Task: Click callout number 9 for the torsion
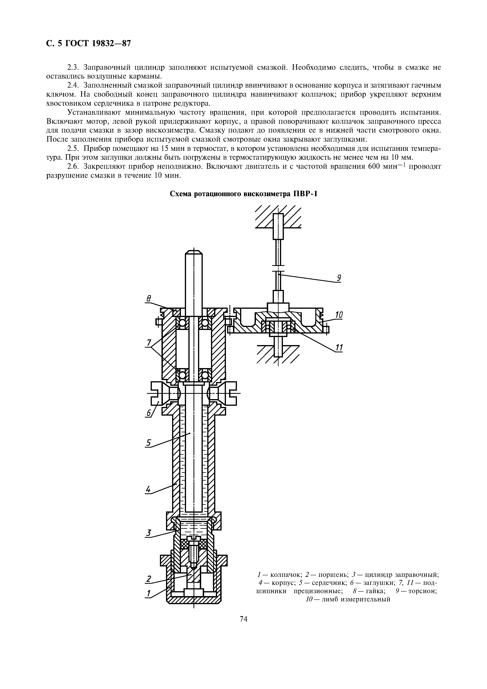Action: pyautogui.click(x=338, y=278)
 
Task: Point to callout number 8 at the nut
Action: pyautogui.click(x=148, y=299)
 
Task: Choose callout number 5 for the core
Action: pyautogui.click(x=148, y=443)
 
